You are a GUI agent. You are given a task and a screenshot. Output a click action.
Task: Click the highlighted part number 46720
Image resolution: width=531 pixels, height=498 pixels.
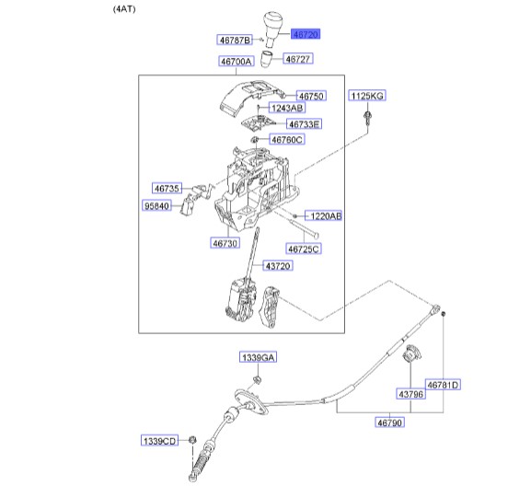click(x=306, y=34)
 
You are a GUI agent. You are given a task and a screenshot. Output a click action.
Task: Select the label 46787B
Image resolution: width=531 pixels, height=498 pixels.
click(x=235, y=40)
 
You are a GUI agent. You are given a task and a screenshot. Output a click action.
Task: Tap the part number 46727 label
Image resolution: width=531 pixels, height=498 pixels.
click(x=297, y=59)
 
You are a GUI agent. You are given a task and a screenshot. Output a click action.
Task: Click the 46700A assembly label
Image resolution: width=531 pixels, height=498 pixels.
click(x=236, y=62)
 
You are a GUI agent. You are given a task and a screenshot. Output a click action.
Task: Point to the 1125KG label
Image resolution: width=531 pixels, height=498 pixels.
click(x=367, y=96)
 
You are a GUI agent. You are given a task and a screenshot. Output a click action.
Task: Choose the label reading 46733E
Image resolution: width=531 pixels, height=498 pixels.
click(x=304, y=124)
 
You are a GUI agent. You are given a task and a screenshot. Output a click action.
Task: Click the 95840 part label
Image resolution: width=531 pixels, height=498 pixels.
click(x=156, y=205)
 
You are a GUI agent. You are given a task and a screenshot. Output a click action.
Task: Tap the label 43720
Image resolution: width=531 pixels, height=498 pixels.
click(x=278, y=266)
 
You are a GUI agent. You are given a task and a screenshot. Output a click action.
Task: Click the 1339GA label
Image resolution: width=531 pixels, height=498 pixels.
click(x=258, y=357)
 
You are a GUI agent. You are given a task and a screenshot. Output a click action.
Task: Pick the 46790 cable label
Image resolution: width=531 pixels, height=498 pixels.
click(x=389, y=423)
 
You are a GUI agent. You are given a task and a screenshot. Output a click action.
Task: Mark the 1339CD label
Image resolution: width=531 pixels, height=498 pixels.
click(x=159, y=441)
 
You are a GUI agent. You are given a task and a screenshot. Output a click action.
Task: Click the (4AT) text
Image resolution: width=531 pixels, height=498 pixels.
click(x=124, y=9)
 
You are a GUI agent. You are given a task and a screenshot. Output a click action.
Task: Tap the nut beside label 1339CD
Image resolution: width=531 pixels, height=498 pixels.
click(x=192, y=440)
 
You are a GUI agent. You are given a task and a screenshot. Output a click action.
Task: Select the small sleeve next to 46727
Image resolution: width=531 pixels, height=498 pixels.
click(x=266, y=59)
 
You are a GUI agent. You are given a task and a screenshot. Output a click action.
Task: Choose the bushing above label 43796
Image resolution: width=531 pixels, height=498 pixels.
click(x=411, y=353)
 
